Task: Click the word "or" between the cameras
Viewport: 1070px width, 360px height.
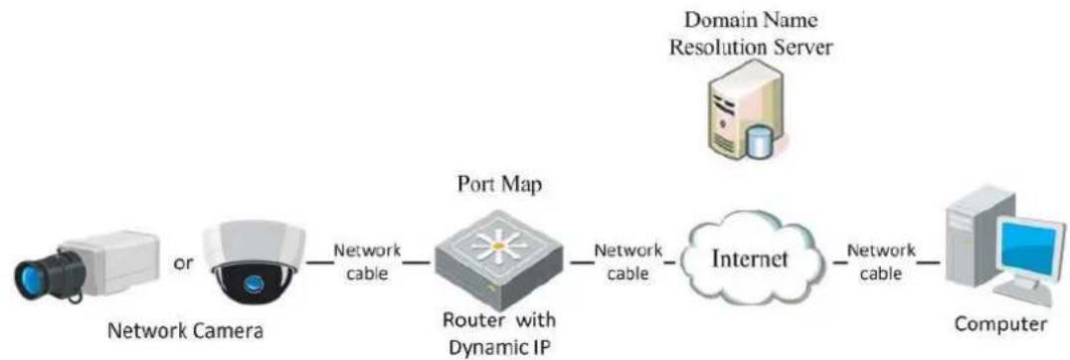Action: (183, 265)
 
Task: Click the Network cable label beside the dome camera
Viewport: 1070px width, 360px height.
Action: (367, 262)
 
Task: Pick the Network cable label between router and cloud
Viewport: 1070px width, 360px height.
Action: (627, 262)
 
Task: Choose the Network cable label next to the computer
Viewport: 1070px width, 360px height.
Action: (881, 262)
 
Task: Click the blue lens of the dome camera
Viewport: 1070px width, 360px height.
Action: (255, 281)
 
